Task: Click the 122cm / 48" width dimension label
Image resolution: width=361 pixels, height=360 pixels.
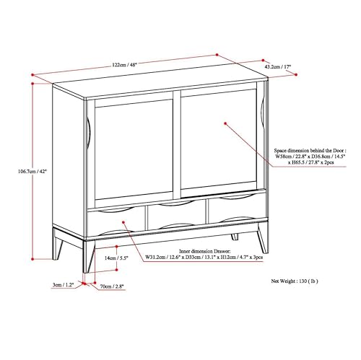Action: tap(124, 65)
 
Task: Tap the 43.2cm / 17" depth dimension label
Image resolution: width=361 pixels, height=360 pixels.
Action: tap(278, 66)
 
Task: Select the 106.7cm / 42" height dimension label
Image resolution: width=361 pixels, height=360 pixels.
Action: tap(32, 172)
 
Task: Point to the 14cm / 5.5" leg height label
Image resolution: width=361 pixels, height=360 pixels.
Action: tap(116, 258)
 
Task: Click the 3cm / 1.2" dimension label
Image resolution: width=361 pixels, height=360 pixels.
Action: tap(63, 285)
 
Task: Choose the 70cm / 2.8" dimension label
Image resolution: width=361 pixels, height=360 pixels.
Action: tap(112, 286)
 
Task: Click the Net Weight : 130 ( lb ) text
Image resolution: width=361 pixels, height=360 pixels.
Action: tap(295, 281)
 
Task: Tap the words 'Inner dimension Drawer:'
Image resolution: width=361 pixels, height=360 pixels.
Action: tap(205, 251)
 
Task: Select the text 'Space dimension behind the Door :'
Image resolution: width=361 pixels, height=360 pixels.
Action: tap(310, 151)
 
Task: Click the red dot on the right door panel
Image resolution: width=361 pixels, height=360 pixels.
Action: tap(225, 123)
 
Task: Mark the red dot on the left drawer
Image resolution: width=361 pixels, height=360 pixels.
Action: tap(123, 222)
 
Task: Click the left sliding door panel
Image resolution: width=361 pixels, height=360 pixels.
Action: tap(134, 149)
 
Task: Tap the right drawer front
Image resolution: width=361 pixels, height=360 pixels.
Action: tap(237, 208)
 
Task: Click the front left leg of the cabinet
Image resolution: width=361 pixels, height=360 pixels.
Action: tap(88, 256)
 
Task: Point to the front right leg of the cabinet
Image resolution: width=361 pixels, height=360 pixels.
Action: tap(263, 238)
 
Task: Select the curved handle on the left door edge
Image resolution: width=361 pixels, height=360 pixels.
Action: tap(88, 133)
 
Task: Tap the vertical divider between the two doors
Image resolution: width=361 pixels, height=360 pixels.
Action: tap(177, 144)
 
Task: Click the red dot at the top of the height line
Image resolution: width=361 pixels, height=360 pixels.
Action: tap(32, 84)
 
